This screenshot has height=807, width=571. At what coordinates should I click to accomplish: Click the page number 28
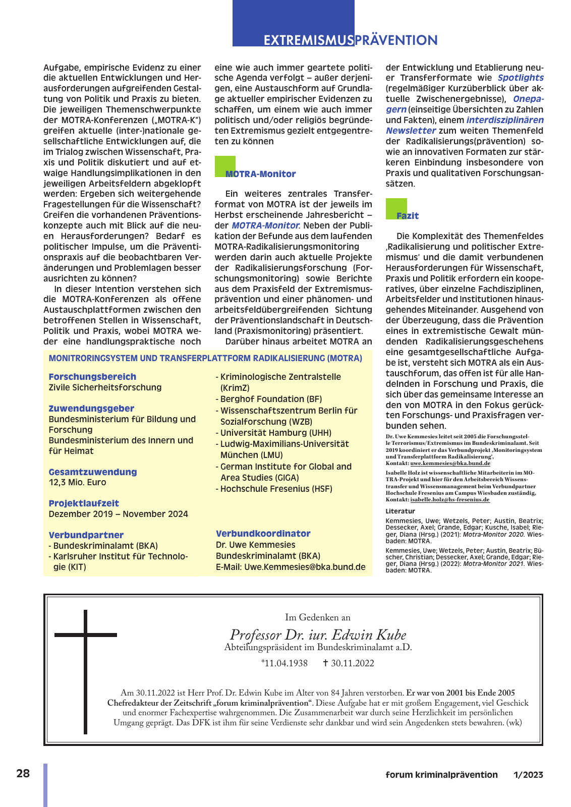[23, 773]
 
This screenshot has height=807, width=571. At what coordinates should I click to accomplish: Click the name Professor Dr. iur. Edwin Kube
[318, 635]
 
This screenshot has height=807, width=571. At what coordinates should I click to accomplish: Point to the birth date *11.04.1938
[284, 663]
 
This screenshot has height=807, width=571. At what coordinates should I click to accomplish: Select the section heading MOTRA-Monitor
[260, 174]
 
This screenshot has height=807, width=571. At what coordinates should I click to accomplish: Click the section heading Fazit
[408, 216]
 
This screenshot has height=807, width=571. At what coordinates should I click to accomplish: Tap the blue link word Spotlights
[521, 78]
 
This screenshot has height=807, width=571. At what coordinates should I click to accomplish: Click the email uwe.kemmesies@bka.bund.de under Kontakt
[450, 463]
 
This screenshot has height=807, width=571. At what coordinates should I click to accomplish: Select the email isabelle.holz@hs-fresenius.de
[450, 499]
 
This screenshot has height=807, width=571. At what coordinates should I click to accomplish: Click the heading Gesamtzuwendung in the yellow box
[93, 472]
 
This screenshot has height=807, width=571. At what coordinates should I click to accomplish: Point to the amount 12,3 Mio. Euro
[78, 483]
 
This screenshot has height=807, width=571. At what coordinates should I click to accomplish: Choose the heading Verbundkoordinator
[263, 534]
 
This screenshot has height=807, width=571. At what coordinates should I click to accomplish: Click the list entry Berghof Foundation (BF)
[271, 399]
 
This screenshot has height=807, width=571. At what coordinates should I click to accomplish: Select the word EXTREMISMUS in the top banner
[308, 40]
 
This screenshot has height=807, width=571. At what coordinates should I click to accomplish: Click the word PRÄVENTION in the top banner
[396, 40]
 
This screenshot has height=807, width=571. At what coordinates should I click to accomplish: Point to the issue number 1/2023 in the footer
[528, 775]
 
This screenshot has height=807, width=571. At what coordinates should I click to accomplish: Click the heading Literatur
[401, 511]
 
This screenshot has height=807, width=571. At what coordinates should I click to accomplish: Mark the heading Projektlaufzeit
[84, 503]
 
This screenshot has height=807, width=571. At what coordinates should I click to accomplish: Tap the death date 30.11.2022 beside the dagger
[353, 663]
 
